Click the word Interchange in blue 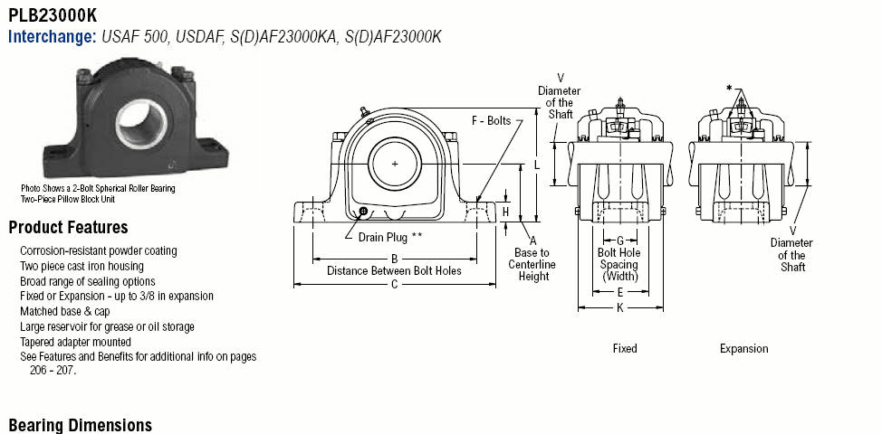[x=53, y=37]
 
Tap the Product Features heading [x=68, y=227]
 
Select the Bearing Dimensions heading [x=80, y=425]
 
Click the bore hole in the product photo [x=142, y=124]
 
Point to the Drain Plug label [x=390, y=238]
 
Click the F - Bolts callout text [x=491, y=121]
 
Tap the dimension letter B [x=394, y=259]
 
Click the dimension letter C [x=394, y=285]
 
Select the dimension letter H [x=505, y=212]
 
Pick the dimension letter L [x=537, y=165]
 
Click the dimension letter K [x=620, y=307]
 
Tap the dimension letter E [x=620, y=292]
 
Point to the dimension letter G [x=620, y=241]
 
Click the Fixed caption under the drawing [x=625, y=349]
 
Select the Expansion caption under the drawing [x=743, y=349]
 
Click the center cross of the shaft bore [x=395, y=164]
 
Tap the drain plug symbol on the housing [x=363, y=211]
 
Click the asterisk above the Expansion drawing [x=729, y=88]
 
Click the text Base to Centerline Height [x=532, y=264]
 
